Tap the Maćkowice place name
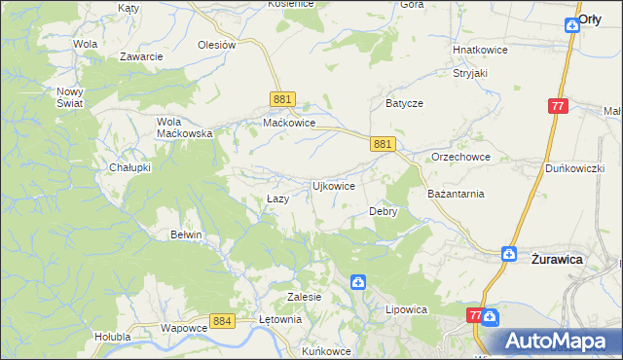point(289,124)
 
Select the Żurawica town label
point(557,260)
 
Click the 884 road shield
point(222,320)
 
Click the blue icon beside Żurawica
point(508,254)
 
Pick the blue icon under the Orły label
point(572,28)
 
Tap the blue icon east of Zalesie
point(358,282)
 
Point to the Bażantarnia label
point(456,194)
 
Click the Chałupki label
point(129,167)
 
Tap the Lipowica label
point(407,309)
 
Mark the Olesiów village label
point(217,45)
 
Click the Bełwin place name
point(186,234)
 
